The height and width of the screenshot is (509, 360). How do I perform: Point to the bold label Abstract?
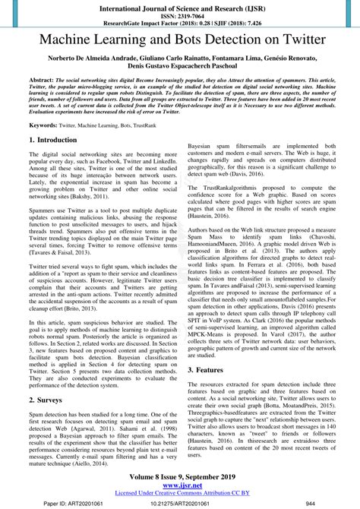[42, 80]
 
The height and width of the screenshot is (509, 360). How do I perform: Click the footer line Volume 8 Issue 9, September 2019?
[180, 479]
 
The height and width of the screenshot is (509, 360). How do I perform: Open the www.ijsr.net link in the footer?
[180, 487]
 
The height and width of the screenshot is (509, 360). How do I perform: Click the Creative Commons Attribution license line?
[180, 495]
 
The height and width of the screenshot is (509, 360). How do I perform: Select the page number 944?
[310, 503]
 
